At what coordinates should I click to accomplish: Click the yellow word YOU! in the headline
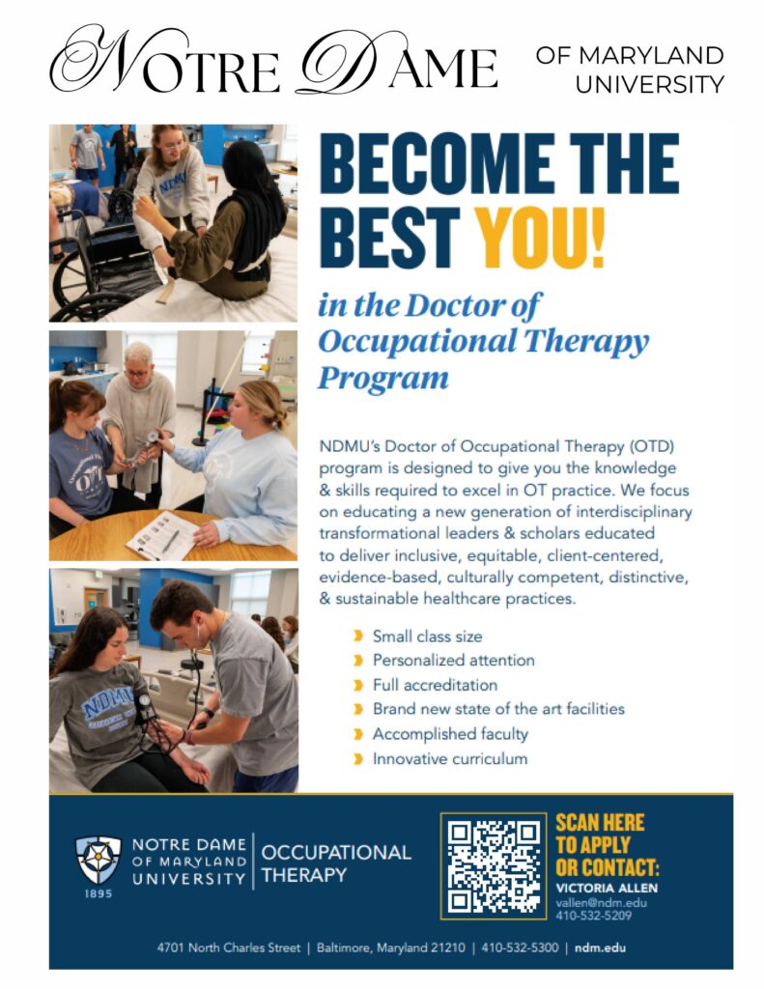(x=539, y=238)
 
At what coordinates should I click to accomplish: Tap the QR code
(x=493, y=866)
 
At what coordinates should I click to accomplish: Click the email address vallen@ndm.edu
(x=601, y=903)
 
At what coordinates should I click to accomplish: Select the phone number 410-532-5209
(x=593, y=916)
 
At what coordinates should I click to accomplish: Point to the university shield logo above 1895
(x=99, y=859)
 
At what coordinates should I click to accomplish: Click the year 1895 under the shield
(x=99, y=893)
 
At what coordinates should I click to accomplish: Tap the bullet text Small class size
(x=427, y=636)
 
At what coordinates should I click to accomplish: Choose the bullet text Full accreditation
(x=435, y=685)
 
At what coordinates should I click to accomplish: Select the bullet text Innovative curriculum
(x=450, y=759)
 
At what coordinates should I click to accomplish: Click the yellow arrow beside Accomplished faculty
(x=358, y=734)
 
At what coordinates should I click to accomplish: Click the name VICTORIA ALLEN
(x=607, y=889)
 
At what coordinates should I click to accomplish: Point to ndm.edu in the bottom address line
(x=600, y=947)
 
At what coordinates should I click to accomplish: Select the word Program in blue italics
(x=382, y=379)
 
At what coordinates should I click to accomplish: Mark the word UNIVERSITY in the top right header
(x=650, y=85)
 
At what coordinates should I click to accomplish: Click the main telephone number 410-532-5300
(x=520, y=947)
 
